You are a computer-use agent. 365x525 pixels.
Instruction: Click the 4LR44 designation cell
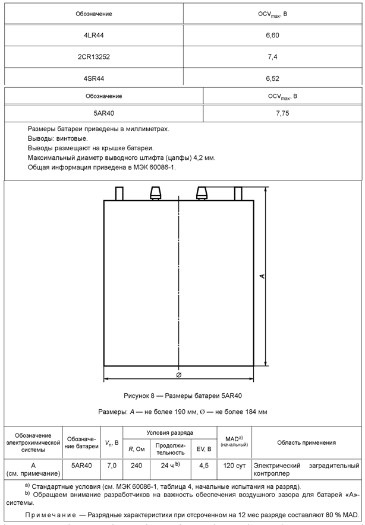pyautogui.click(x=95, y=36)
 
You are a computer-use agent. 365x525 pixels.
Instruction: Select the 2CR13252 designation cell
pyautogui.click(x=95, y=57)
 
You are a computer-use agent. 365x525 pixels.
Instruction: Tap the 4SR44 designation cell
pyautogui.click(x=95, y=78)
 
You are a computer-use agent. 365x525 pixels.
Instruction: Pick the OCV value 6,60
pyautogui.click(x=273, y=36)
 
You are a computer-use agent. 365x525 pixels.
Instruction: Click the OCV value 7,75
pyautogui.click(x=283, y=113)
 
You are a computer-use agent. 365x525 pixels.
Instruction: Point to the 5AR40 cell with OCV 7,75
pyautogui.click(x=104, y=113)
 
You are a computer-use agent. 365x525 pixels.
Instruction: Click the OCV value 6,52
pyautogui.click(x=273, y=78)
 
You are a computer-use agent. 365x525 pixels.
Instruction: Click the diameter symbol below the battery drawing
pyautogui.click(x=179, y=375)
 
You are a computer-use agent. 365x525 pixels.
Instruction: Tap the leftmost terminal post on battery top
pyautogui.click(x=119, y=194)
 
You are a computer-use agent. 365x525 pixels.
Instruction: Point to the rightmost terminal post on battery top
pyautogui.click(x=238, y=194)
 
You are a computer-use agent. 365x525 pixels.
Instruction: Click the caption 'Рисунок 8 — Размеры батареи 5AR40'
pyautogui.click(x=182, y=396)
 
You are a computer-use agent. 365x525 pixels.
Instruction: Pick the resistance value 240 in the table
pyautogui.click(x=137, y=466)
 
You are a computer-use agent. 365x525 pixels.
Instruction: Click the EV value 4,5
pyautogui.click(x=203, y=466)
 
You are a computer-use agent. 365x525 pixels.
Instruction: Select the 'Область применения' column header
pyautogui.click(x=306, y=442)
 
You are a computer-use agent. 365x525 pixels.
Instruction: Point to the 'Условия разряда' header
pyautogui.click(x=169, y=433)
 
